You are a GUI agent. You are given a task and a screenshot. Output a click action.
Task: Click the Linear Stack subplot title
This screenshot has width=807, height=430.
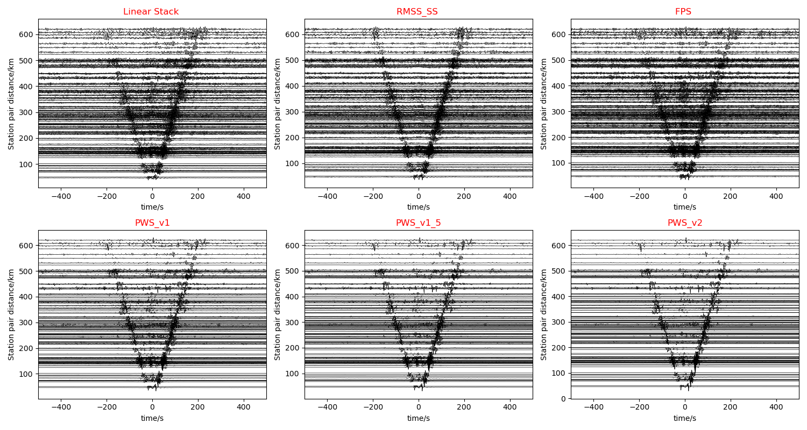click(x=151, y=12)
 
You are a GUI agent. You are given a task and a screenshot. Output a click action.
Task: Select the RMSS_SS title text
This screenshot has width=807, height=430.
click(x=417, y=12)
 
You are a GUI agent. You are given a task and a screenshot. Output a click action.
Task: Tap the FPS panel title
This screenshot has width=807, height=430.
click(x=683, y=12)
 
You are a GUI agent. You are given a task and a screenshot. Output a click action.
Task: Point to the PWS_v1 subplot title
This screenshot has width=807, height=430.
click(x=151, y=223)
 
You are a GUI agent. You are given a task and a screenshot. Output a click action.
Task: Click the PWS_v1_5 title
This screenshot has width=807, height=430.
click(x=417, y=223)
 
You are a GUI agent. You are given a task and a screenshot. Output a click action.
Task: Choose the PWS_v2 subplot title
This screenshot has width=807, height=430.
click(x=684, y=223)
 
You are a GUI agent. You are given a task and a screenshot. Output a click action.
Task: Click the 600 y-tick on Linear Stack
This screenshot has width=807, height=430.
click(x=28, y=34)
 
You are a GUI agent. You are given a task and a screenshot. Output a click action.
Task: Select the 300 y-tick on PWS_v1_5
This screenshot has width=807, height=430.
click(x=294, y=322)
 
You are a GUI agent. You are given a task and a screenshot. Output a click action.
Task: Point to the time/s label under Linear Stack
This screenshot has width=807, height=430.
click(x=152, y=207)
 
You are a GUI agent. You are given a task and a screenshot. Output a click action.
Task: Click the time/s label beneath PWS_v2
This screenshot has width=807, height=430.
click(x=684, y=418)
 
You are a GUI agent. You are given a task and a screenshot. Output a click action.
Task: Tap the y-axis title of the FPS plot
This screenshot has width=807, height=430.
click(x=544, y=104)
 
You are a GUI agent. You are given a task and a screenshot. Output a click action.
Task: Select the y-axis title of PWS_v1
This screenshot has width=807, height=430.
click(x=11, y=315)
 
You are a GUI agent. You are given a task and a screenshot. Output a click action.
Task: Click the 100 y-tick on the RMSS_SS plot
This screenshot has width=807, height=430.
click(x=294, y=164)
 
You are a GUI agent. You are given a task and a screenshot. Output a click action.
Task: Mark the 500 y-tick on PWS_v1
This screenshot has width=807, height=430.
click(x=28, y=271)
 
